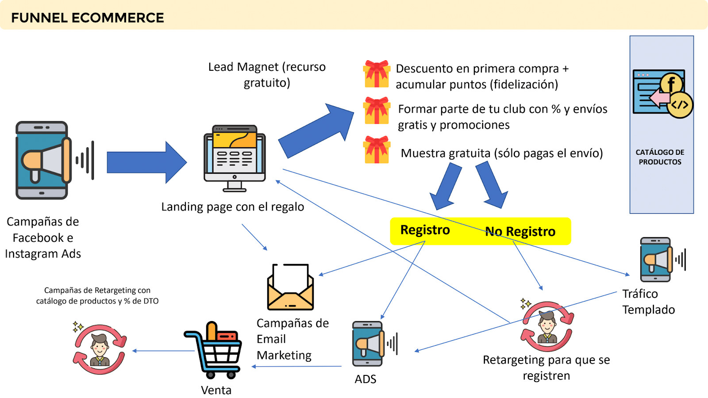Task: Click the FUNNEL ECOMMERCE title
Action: click(x=88, y=18)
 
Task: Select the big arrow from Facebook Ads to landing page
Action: click(x=146, y=162)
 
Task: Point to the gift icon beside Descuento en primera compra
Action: click(x=377, y=74)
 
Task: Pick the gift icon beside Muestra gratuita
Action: click(x=377, y=150)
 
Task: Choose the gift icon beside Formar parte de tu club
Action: click(x=377, y=111)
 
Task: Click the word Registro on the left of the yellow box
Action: click(x=425, y=230)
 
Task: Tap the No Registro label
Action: click(x=520, y=231)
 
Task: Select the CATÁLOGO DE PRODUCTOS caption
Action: click(x=660, y=157)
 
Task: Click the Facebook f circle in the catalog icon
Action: click(x=671, y=84)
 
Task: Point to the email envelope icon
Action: click(x=290, y=287)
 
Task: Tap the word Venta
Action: click(x=216, y=390)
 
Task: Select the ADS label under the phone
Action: click(x=366, y=379)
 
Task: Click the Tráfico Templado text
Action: click(x=648, y=302)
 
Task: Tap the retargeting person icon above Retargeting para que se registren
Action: click(x=547, y=327)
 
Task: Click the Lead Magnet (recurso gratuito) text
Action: click(x=267, y=75)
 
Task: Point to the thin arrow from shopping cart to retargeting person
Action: click(x=164, y=351)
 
